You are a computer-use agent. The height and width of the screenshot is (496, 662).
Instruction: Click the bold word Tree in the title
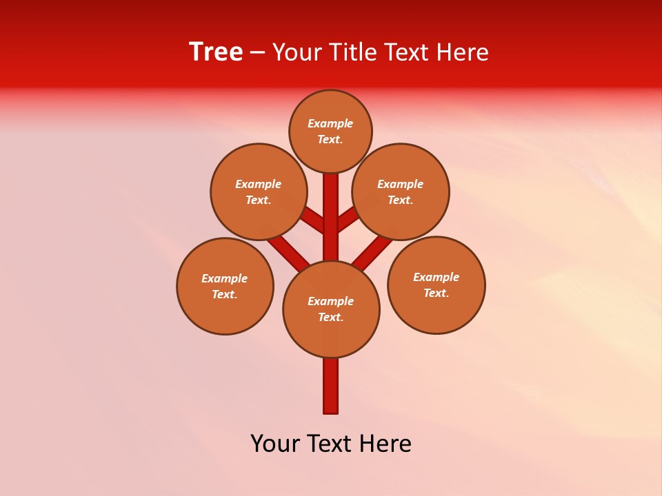pos(216,52)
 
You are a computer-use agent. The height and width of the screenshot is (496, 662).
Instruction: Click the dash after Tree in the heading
pos(257,53)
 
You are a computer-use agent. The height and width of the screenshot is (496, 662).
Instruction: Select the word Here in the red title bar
pos(462,52)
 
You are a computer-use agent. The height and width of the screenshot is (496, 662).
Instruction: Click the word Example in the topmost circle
pos(330,124)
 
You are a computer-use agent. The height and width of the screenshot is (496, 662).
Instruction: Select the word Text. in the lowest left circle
pos(225,295)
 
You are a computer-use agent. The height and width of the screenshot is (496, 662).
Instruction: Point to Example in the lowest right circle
pos(436,278)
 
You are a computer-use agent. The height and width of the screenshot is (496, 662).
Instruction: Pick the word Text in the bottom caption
pos(330,444)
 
